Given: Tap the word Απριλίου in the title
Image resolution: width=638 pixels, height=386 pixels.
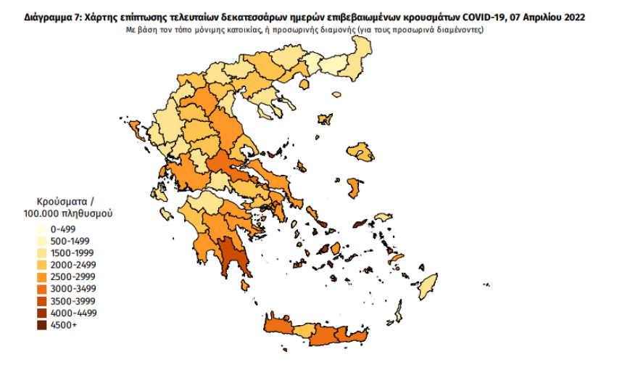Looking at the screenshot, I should tap(539, 17).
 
